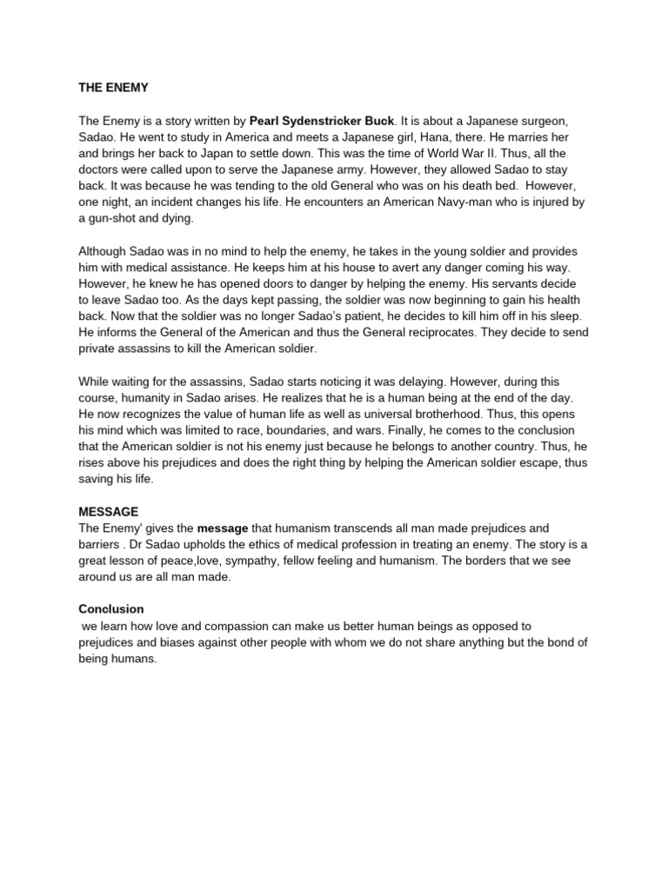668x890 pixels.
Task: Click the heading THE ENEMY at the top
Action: pos(114,88)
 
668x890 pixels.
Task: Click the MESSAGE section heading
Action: pos(109,512)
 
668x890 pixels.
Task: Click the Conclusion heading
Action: pos(111,609)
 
